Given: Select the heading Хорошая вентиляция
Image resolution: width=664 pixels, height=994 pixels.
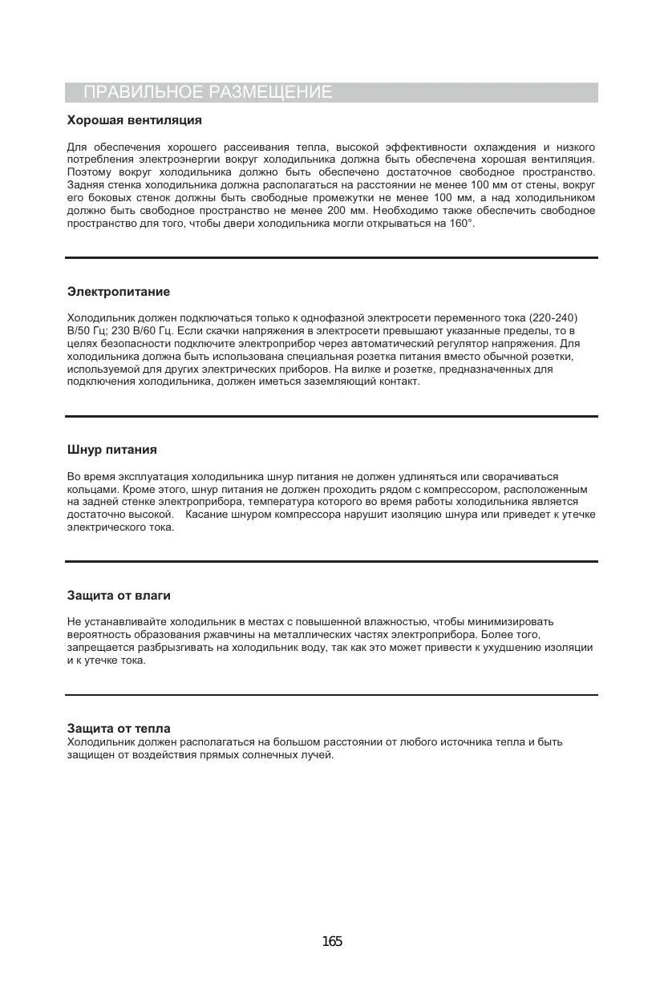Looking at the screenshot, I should pyautogui.click(x=134, y=120).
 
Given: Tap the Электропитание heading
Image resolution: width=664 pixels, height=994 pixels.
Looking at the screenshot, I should pyautogui.click(x=118, y=291).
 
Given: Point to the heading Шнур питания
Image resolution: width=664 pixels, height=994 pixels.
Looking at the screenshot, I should pyautogui.click(x=111, y=449).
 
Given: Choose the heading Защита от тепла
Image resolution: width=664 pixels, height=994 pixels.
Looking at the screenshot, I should pyautogui.click(x=118, y=729).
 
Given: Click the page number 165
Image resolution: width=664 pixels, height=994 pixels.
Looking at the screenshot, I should pyautogui.click(x=331, y=941).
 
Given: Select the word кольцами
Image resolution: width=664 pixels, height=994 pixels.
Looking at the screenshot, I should pyautogui.click(x=91, y=490).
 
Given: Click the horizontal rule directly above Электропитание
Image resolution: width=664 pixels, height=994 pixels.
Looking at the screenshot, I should pyautogui.click(x=331, y=257).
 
